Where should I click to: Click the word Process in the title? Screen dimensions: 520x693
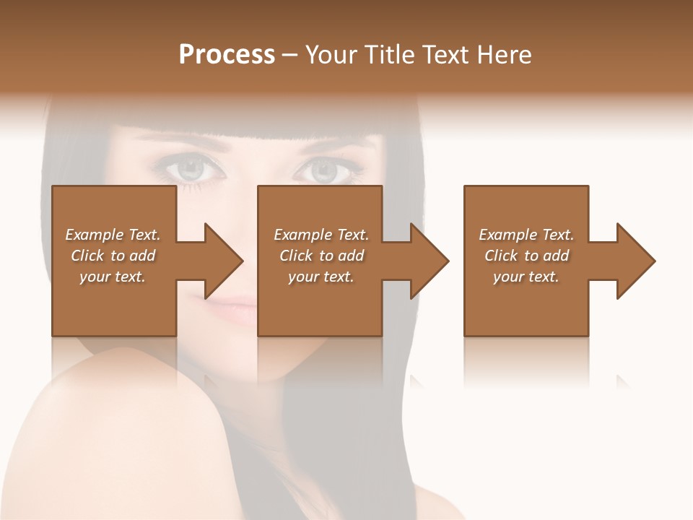click(227, 55)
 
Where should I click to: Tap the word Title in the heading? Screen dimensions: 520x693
click(388, 55)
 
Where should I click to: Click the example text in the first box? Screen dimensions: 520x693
click(113, 256)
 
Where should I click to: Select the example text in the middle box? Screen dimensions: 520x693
click(321, 256)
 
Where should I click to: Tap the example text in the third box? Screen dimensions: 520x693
click(526, 256)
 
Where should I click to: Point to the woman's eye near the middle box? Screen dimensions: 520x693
click(323, 171)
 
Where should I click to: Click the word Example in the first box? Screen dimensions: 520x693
click(94, 235)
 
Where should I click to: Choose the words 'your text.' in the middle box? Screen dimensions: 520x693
click(321, 277)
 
